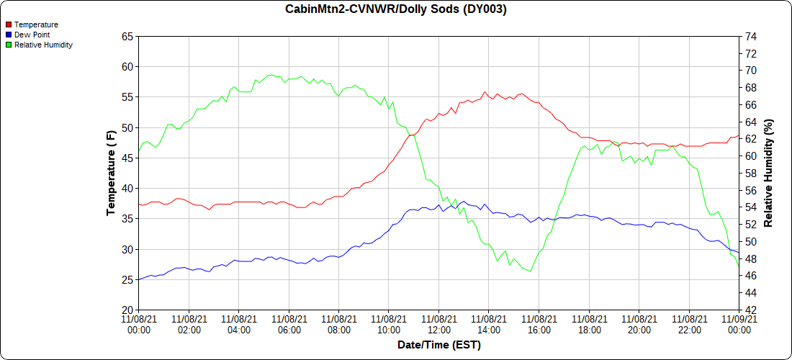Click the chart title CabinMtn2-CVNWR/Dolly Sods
point(396,9)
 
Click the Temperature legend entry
point(36,24)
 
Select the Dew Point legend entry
point(32,35)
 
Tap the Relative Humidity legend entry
point(43,45)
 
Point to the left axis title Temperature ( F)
point(111,173)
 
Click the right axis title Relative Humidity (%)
point(768,173)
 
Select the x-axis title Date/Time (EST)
point(439,345)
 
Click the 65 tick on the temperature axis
point(127,36)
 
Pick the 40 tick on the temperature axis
point(127,189)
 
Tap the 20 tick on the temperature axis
point(127,310)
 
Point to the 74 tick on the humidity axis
point(750,36)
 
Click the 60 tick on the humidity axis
point(750,156)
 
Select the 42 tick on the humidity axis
point(750,310)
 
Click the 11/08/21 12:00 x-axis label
point(439,324)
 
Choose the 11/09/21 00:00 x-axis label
point(739,324)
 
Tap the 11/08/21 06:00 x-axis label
point(289,324)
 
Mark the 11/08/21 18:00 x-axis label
point(589,324)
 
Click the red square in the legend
point(9,24)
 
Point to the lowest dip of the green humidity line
point(531,271)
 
